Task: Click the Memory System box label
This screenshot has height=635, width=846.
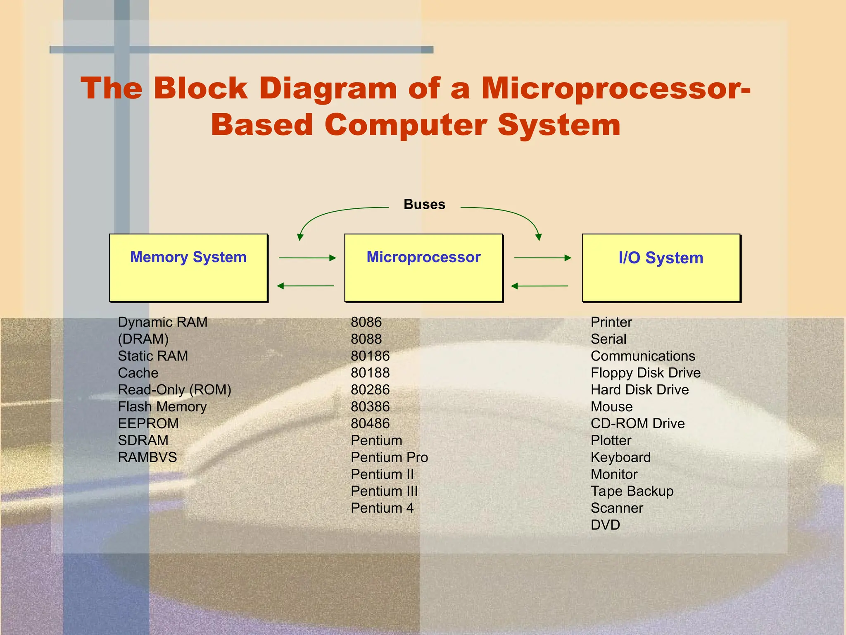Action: [188, 257]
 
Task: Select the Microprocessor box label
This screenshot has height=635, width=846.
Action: [423, 257]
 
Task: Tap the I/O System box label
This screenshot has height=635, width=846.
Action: [661, 258]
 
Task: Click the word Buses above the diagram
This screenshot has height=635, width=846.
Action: [424, 204]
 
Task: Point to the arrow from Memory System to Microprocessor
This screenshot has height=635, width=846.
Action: [307, 258]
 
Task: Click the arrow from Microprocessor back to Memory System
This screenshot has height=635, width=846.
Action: [306, 286]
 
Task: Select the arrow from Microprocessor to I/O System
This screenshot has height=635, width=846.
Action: [542, 258]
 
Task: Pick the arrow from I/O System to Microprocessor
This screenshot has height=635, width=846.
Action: [539, 286]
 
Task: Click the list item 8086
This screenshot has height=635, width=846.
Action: [366, 322]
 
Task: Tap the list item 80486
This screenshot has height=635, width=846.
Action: [370, 423]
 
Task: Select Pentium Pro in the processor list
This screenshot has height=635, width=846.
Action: [389, 457]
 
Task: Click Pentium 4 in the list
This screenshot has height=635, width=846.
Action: [382, 508]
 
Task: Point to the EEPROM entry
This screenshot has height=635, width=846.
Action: [148, 423]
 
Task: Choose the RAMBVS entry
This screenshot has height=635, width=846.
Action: [147, 457]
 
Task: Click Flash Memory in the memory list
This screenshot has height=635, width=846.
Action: [162, 406]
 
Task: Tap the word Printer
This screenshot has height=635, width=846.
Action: [611, 322]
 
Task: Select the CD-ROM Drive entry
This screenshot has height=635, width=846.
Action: [637, 423]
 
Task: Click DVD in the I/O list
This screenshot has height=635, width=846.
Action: [605, 525]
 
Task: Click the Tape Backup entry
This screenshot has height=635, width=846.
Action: [632, 491]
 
